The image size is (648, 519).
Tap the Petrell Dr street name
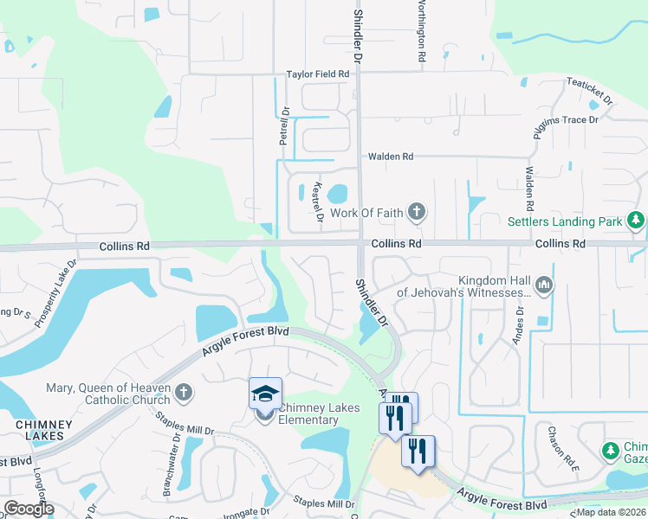coord(283,125)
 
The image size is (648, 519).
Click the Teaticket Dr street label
coord(590,88)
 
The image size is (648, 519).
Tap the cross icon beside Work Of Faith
coord(417,211)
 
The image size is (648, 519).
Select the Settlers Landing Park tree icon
coord(637,221)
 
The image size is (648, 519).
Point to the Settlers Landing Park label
coord(565,222)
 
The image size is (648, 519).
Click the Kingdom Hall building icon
coord(545,283)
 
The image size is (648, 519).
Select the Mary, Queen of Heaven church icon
coord(183,394)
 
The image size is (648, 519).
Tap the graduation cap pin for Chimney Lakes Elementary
coord(265,394)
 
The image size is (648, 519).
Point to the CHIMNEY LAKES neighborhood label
coord(36,431)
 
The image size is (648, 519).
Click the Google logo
coord(29,509)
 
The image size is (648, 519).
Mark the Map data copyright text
coord(612,512)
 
